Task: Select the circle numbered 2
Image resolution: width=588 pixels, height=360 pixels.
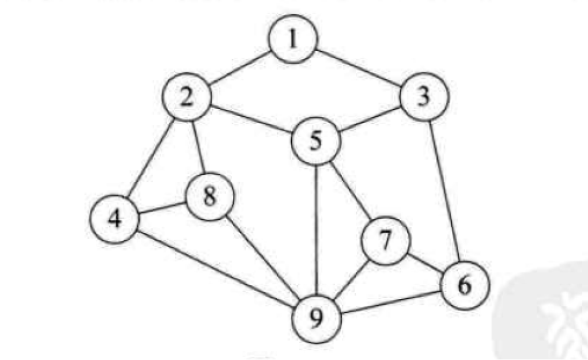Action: (x=186, y=97)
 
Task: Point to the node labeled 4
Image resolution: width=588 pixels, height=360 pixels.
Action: (x=115, y=219)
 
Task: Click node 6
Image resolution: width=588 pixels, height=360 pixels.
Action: (x=464, y=285)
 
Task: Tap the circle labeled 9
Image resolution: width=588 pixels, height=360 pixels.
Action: (x=317, y=317)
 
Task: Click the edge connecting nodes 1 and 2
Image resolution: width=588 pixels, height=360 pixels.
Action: (x=240, y=69)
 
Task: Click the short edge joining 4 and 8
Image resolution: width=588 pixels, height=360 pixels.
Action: (x=162, y=208)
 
